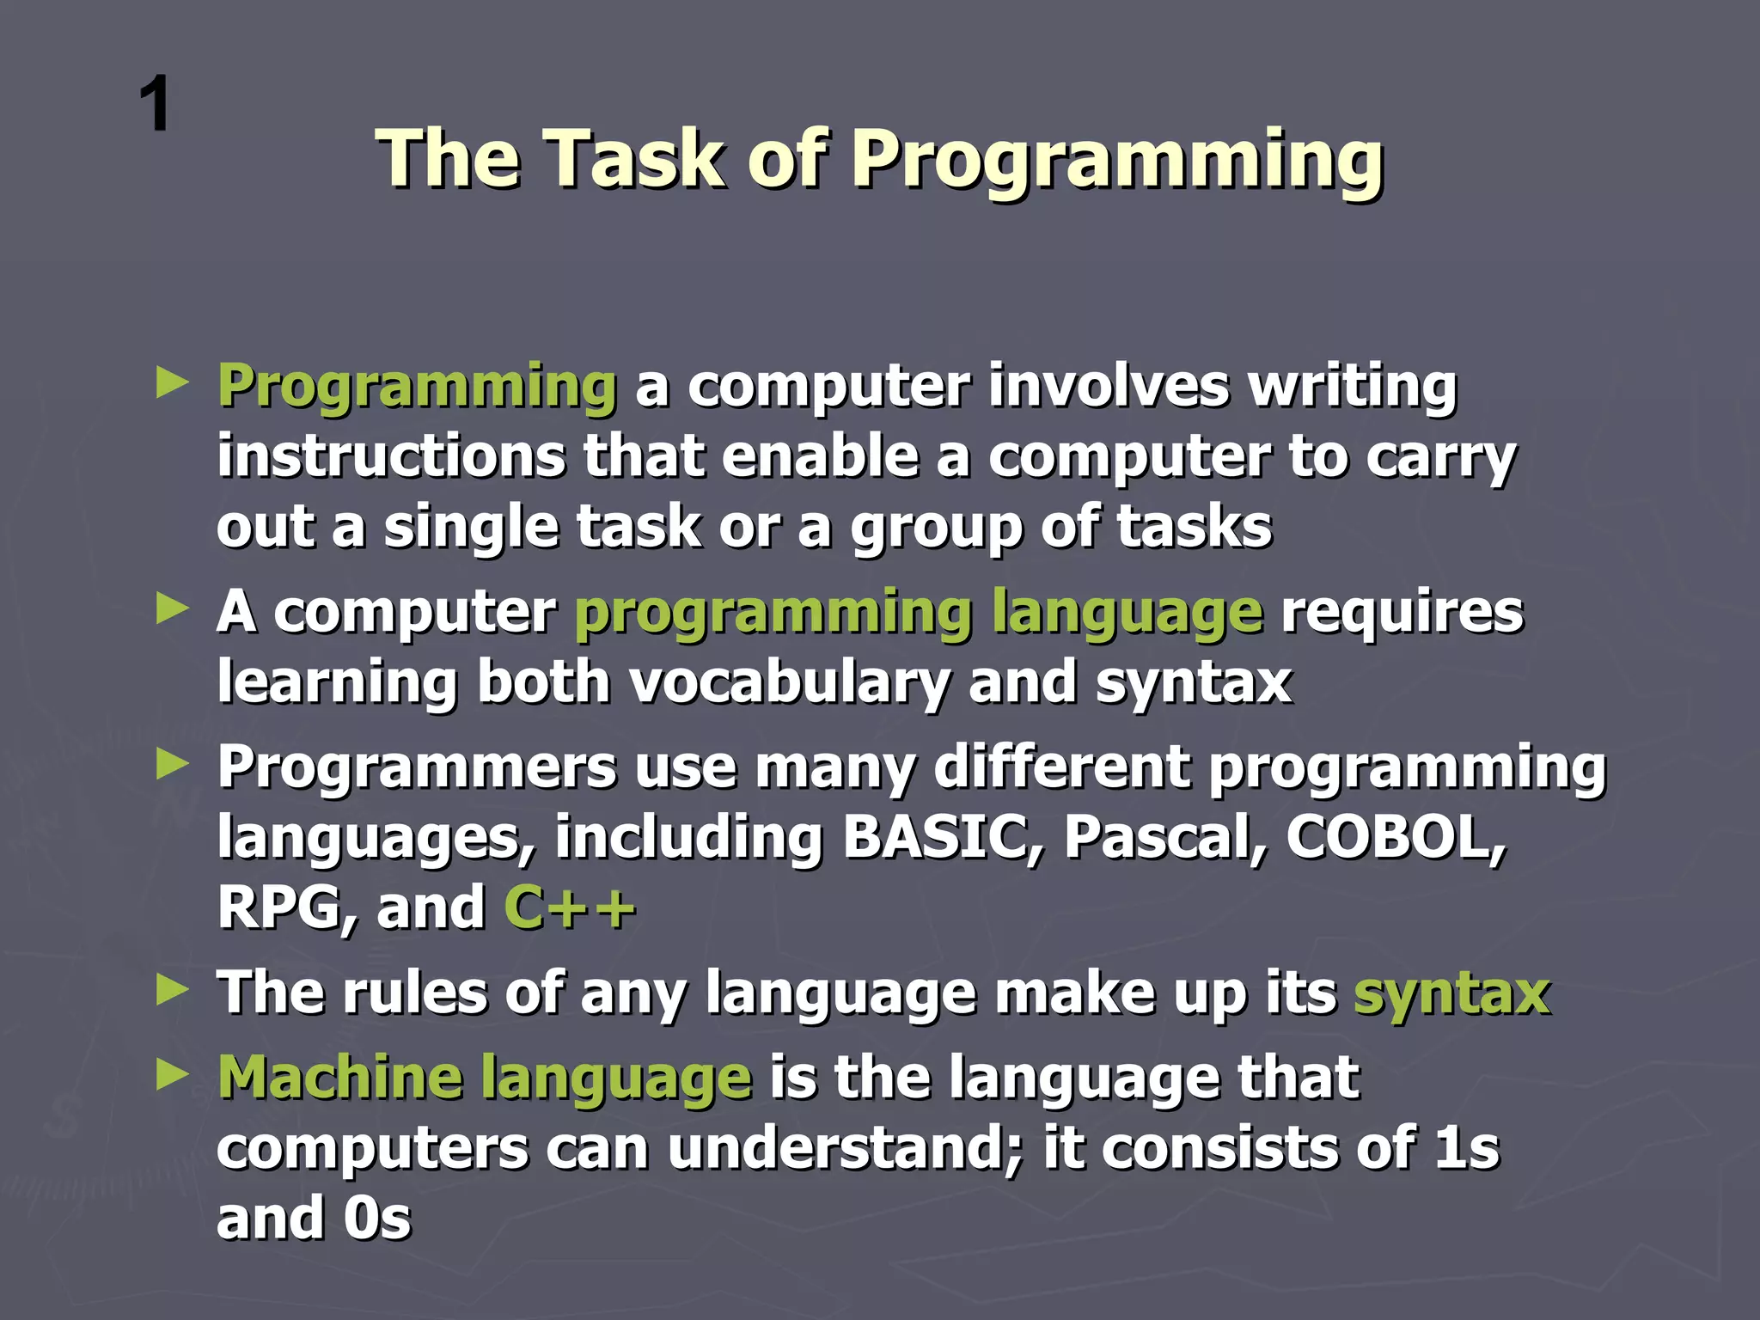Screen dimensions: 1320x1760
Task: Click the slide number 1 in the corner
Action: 156,105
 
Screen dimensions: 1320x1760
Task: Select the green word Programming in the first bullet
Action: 417,387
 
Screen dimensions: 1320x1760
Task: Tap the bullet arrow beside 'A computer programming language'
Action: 172,611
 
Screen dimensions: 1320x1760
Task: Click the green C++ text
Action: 569,907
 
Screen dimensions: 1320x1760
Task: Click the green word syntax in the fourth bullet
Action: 1451,993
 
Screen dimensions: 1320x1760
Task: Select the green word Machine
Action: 339,1077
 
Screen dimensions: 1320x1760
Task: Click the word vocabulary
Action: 789,683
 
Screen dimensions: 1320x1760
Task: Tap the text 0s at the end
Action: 377,1219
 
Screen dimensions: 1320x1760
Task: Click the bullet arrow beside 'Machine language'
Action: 172,1076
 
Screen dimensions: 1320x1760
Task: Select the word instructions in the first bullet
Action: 391,455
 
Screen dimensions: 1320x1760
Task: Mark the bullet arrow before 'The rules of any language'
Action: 172,992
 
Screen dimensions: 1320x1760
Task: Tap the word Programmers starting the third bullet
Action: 417,767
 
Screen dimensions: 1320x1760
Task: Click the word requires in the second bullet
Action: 1402,613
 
